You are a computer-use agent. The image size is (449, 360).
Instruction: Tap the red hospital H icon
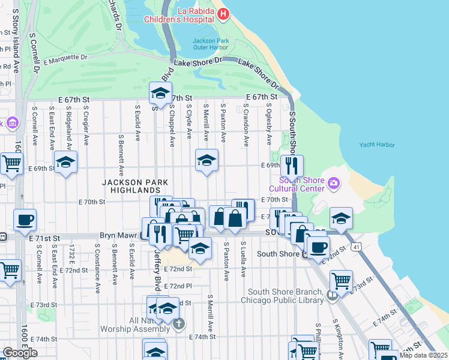point(223,14)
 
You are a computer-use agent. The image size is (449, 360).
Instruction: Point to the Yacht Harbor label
point(377,145)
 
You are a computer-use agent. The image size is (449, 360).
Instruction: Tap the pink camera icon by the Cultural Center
point(334,182)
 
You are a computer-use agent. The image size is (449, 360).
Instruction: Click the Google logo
point(20,353)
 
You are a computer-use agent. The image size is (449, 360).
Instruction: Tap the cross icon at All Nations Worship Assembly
point(178,325)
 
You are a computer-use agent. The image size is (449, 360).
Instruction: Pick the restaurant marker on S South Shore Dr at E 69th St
point(292,166)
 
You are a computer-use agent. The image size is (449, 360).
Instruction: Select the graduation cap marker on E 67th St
point(160,93)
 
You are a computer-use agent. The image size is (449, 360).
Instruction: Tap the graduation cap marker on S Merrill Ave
point(206,160)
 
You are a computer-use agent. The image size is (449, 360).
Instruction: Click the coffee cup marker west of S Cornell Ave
point(25,220)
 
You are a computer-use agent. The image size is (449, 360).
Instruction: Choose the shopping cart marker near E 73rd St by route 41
point(341,280)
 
